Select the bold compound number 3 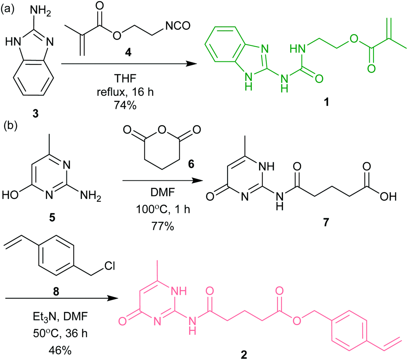point(35,114)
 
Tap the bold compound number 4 point(128,53)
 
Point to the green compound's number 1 point(326,102)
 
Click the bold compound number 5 point(52,217)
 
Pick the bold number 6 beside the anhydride point(191,164)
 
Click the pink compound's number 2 point(244,355)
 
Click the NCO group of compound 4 point(178,26)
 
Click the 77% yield point(163,226)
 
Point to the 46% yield point(60,350)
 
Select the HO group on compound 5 point(11,196)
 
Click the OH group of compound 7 point(388,196)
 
